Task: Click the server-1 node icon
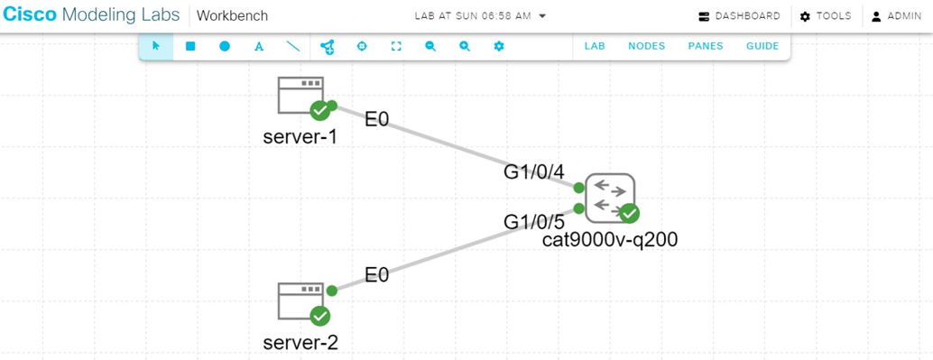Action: click(x=300, y=95)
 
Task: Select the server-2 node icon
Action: click(x=300, y=300)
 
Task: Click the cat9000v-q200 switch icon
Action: click(x=610, y=198)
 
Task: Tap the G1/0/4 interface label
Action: click(x=533, y=172)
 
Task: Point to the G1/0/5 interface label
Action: click(x=533, y=221)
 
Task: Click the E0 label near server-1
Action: click(x=377, y=118)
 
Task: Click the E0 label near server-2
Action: click(x=377, y=274)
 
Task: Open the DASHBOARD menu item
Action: click(x=740, y=16)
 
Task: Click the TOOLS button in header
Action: click(x=826, y=16)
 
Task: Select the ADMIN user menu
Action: click(x=896, y=16)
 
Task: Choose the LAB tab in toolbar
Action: click(x=595, y=46)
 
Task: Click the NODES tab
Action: click(x=646, y=46)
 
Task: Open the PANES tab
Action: click(x=706, y=46)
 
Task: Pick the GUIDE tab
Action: click(x=762, y=46)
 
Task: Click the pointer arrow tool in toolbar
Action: click(x=156, y=46)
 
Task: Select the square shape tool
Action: click(x=190, y=46)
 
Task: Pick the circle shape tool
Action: click(x=225, y=46)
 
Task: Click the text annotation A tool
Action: click(x=259, y=46)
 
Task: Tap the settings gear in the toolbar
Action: click(x=499, y=46)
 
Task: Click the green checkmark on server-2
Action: click(x=319, y=316)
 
